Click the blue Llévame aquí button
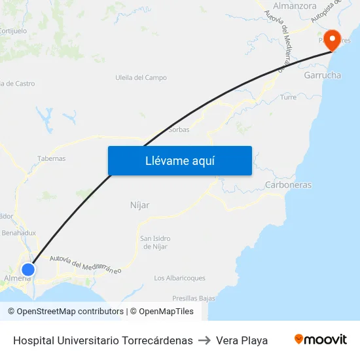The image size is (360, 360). (x=179, y=161)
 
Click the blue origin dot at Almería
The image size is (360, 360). (x=28, y=269)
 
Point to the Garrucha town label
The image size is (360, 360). (x=322, y=75)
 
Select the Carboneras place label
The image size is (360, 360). (x=288, y=185)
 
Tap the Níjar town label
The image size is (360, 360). (x=139, y=205)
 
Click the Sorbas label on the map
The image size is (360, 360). (x=179, y=130)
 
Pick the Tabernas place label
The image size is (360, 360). (x=51, y=158)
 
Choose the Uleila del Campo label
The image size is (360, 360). (x=141, y=78)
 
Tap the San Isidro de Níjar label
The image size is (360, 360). (x=154, y=242)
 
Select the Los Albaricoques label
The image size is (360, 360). (x=179, y=278)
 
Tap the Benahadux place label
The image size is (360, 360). (x=18, y=232)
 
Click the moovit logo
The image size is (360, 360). (x=320, y=340)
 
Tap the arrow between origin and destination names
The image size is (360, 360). (x=204, y=340)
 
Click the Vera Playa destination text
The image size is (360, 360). (x=242, y=340)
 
